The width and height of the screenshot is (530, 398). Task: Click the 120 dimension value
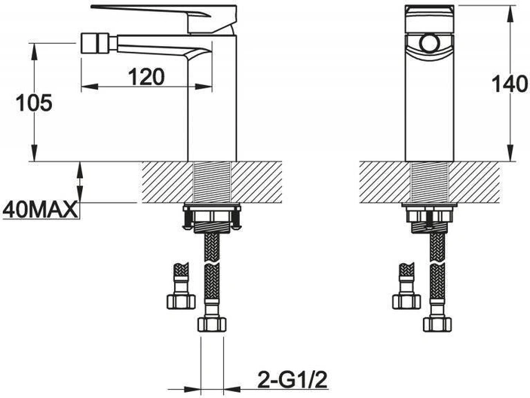tap(146, 77)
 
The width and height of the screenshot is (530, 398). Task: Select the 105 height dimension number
tap(35, 103)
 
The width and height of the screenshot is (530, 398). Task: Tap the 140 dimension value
tap(510, 84)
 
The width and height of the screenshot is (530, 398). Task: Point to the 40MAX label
tap(40, 210)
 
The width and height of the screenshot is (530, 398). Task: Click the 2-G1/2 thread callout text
tap(293, 380)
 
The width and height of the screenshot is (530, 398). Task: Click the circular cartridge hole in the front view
tap(430, 43)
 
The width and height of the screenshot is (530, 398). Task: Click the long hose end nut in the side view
tap(212, 324)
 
